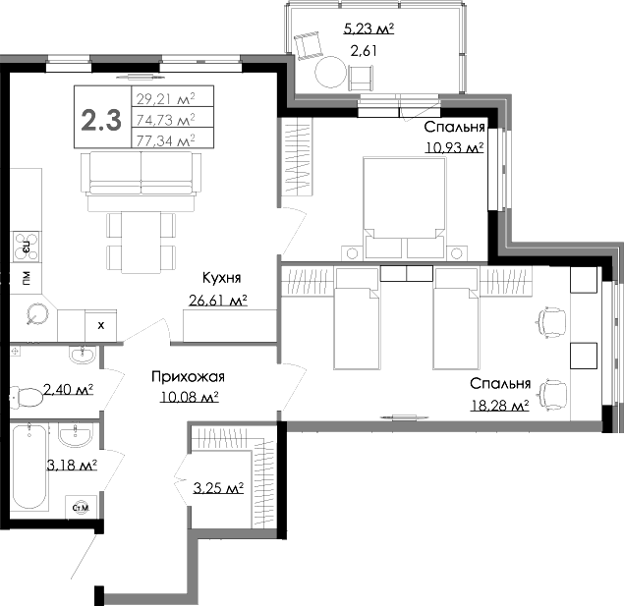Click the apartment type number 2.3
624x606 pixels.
point(101,120)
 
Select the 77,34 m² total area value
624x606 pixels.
point(165,140)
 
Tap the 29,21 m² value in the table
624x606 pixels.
point(165,97)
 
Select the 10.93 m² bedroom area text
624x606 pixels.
point(454,147)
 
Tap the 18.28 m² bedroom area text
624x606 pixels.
point(499,404)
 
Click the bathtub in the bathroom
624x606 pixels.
point(29,466)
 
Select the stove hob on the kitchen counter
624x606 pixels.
point(24,243)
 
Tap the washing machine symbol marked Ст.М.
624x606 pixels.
point(82,507)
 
